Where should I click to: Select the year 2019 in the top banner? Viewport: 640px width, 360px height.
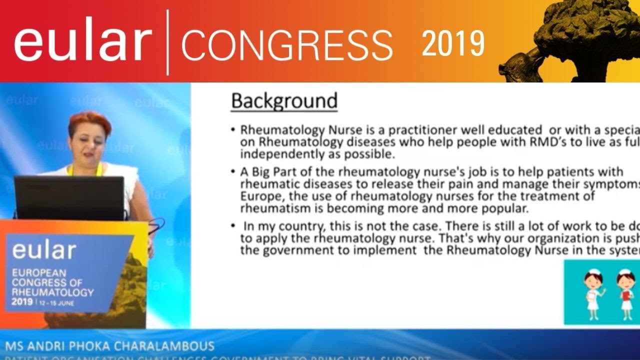tap(453, 43)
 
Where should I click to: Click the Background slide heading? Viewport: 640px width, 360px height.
tap(284, 101)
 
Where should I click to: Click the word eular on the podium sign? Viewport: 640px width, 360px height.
tap(44, 249)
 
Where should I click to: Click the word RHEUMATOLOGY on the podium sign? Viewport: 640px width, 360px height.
tap(52, 292)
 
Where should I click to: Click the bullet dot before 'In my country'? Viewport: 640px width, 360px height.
tap(233, 226)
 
